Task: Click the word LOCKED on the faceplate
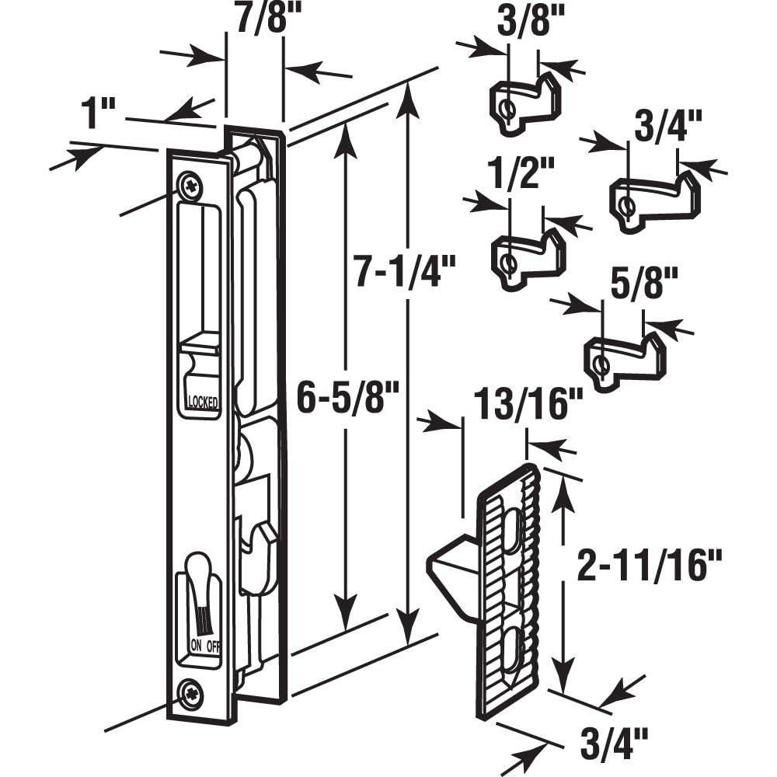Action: click(x=202, y=402)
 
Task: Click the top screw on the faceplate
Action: click(x=190, y=186)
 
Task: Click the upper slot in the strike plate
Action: click(x=514, y=537)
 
